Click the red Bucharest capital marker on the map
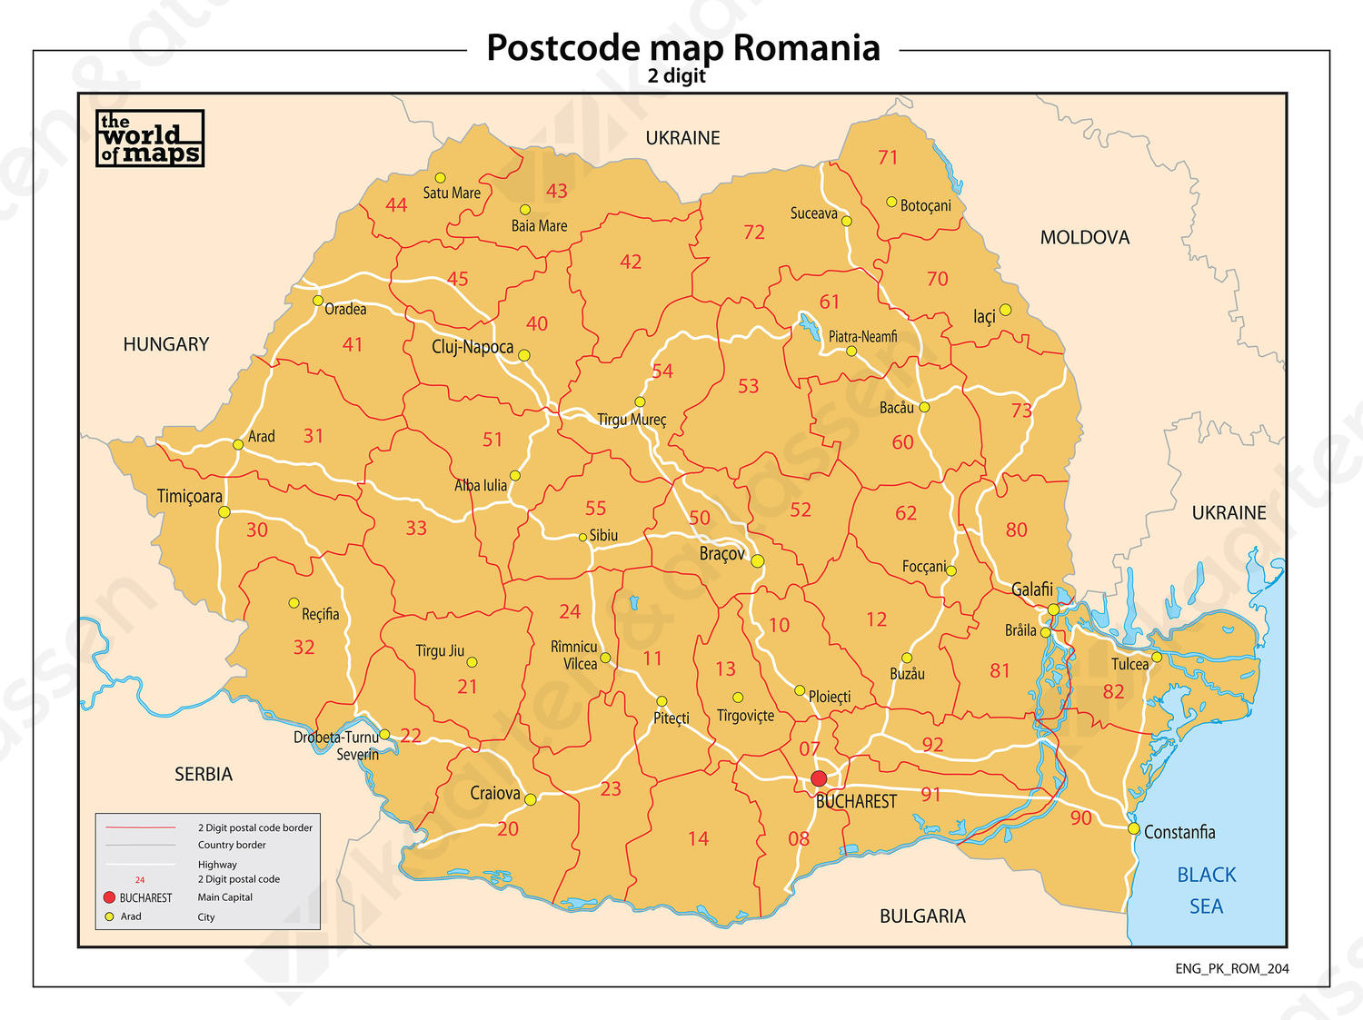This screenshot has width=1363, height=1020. (x=819, y=778)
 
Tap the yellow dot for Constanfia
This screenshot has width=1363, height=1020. (x=1134, y=828)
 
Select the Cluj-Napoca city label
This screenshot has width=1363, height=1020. (x=472, y=347)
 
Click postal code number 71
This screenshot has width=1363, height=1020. (x=888, y=157)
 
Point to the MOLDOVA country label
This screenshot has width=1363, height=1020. (x=1084, y=237)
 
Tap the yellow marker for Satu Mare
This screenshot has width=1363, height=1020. (x=440, y=178)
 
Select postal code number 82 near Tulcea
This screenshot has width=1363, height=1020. (x=1113, y=691)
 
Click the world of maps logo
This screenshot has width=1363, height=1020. (x=150, y=139)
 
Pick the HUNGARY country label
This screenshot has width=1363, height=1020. (x=165, y=344)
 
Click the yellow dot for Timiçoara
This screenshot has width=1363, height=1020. (x=224, y=512)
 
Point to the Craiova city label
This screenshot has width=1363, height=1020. (x=495, y=793)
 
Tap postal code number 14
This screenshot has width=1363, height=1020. (x=698, y=838)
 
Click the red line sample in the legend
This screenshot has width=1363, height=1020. (x=140, y=827)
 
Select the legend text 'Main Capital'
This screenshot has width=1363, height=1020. (x=225, y=897)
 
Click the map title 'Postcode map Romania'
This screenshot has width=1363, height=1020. (x=683, y=47)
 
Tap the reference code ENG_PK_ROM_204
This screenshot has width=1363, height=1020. (x=1231, y=968)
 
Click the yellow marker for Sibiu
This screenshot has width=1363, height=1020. (x=582, y=537)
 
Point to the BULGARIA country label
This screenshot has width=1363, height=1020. (x=922, y=916)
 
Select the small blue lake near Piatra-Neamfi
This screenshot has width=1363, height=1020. (x=807, y=323)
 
